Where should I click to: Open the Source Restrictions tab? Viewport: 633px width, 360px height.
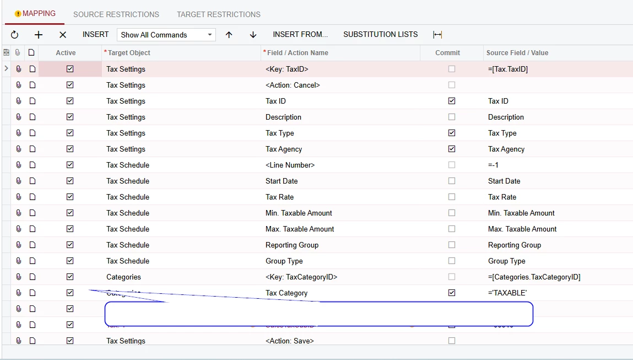coord(116,14)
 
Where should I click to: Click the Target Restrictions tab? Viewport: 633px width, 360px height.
coord(218,14)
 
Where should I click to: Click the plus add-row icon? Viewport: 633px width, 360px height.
coord(39,35)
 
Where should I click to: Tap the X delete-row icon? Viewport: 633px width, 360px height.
coord(63,35)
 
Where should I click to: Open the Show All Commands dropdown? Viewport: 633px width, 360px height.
coord(166,35)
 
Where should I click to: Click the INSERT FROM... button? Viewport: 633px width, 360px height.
coord(300,34)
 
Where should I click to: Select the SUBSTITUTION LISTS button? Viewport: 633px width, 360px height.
coord(380,34)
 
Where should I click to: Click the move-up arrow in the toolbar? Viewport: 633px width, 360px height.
coord(229,35)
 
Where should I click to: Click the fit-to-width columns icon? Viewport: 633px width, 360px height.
coord(437,35)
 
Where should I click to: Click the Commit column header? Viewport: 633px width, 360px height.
coord(447,53)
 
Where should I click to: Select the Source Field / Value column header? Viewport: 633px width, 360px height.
coord(517,53)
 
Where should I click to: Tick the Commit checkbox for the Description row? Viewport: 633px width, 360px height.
coord(452,117)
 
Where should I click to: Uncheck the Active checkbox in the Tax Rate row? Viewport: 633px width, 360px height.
coord(70,197)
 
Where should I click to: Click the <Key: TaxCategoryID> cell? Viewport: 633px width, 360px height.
coord(301,277)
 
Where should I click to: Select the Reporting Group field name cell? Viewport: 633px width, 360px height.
coord(292,245)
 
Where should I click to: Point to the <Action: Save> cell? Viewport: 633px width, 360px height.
coord(289,341)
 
